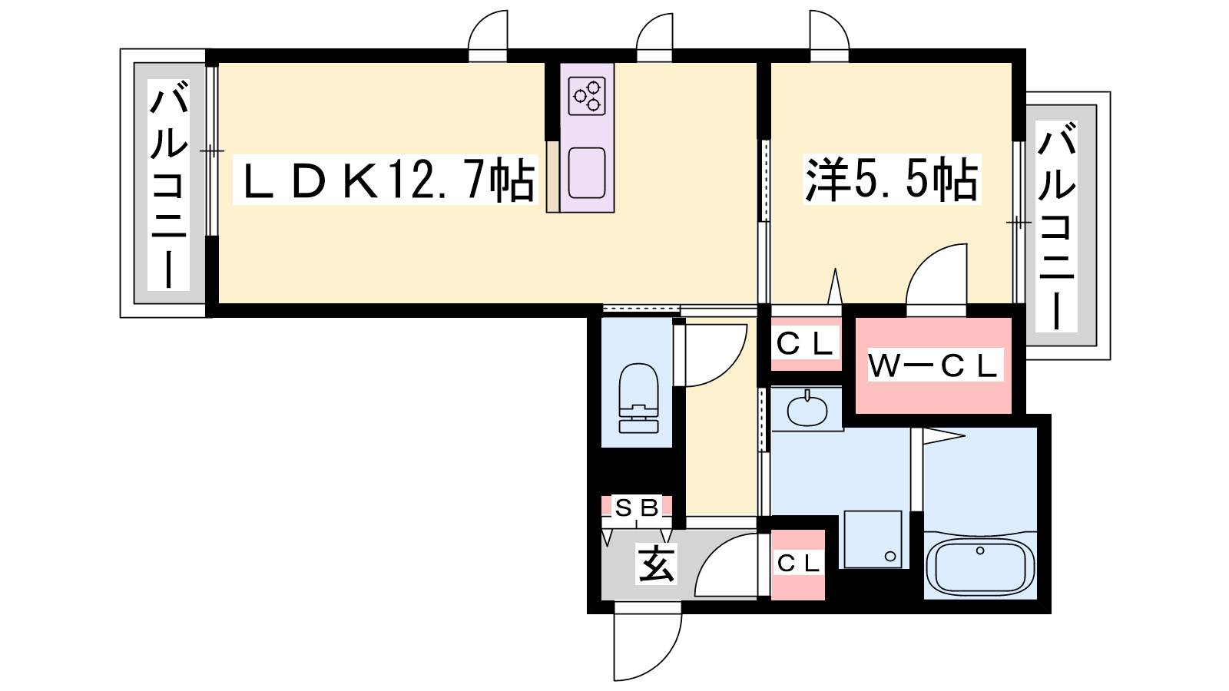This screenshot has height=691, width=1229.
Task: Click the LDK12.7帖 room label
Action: point(385,180)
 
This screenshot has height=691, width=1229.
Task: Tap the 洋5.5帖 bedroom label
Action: point(892,180)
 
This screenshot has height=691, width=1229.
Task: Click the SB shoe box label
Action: point(637,508)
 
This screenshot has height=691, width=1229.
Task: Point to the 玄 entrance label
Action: point(656,564)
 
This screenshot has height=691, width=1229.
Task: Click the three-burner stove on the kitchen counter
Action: point(587,96)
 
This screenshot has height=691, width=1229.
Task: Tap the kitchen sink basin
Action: point(587,173)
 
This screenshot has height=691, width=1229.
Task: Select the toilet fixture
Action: point(638,398)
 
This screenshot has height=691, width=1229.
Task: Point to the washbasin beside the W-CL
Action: point(807,409)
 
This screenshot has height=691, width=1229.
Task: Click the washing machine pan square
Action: point(873,540)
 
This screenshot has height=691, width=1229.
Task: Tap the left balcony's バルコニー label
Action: point(168,184)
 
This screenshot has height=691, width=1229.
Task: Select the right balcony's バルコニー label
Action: point(1056,226)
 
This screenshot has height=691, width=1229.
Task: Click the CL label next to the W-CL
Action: point(806,345)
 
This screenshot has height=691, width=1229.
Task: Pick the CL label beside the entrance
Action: point(798,564)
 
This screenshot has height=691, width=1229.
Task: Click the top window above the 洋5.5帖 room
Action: point(829,35)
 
